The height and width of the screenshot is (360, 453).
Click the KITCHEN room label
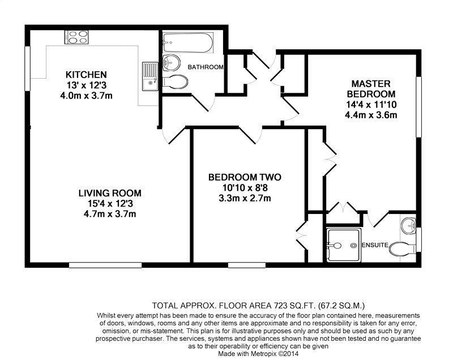pyautogui.click(x=86, y=75)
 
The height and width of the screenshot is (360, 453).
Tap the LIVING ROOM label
pyautogui.click(x=109, y=193)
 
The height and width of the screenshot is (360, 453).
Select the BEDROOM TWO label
pyautogui.click(x=244, y=177)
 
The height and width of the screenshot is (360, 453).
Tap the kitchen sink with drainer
pyautogui.click(x=149, y=76)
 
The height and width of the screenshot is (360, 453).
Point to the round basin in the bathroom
pyautogui.click(x=170, y=62)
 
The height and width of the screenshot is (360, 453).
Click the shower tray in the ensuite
pyautogui.click(x=342, y=245)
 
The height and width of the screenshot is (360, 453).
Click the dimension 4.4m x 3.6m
pyautogui.click(x=370, y=115)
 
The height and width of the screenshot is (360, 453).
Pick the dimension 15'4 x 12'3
pyautogui.click(x=109, y=203)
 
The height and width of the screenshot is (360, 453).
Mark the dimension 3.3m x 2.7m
pyautogui.click(x=244, y=198)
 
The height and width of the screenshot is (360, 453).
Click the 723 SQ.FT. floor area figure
pyautogui.click(x=266, y=305)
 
